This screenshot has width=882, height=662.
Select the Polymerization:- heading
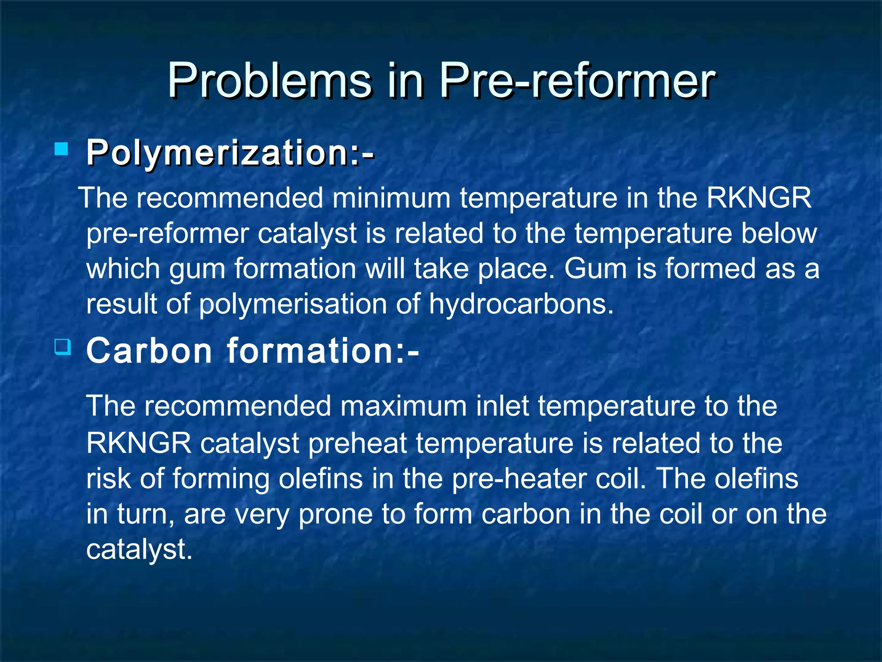[230, 153]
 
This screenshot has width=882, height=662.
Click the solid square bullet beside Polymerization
[62, 150]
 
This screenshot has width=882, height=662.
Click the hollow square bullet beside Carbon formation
[63, 347]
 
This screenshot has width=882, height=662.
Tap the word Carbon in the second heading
[149, 351]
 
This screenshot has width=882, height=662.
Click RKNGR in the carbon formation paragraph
[139, 443]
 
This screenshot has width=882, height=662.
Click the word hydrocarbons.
[521, 304]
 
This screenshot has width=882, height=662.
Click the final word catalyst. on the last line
[139, 550]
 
